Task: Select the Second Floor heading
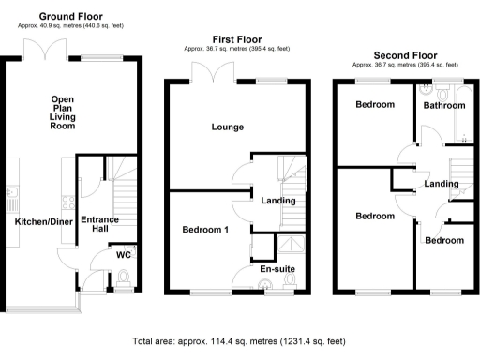(x=405, y=54)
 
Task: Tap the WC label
(x=123, y=254)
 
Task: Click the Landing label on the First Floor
(x=278, y=200)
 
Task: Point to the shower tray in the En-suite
(x=291, y=245)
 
